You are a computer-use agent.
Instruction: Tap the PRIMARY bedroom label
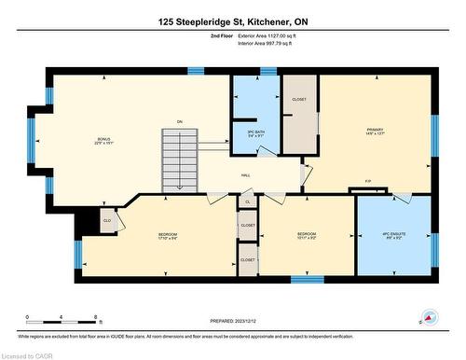[376, 132]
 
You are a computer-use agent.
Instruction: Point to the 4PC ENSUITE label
[394, 235]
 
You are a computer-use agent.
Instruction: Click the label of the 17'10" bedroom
[168, 236]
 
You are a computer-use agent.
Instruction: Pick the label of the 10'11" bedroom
[307, 236]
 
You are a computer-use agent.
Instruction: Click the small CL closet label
[248, 201]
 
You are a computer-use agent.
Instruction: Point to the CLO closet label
[107, 221]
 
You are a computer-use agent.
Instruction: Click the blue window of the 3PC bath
[268, 71]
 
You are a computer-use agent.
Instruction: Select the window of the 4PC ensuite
[434, 248]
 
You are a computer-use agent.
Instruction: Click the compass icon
[430, 318]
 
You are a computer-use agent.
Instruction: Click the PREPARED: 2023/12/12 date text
[232, 322]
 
